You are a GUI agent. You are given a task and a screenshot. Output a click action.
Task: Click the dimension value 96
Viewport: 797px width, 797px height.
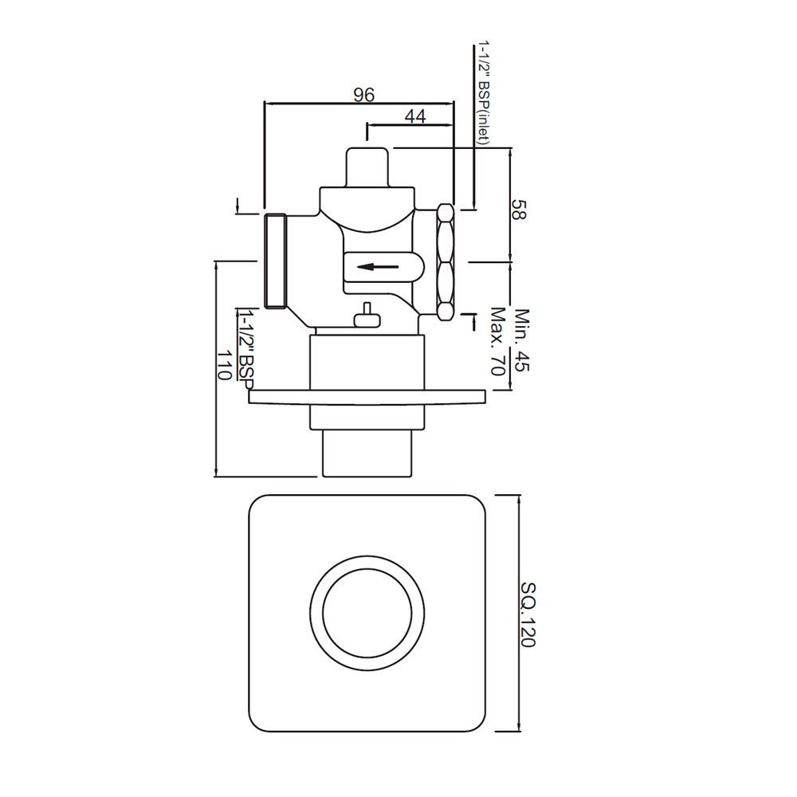[x=363, y=95]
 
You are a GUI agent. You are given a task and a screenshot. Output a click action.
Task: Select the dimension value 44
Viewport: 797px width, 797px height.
[x=414, y=116]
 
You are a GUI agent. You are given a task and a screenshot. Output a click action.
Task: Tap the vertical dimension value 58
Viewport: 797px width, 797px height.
[x=519, y=211]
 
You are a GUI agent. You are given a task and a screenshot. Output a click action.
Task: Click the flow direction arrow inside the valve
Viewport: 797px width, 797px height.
[x=378, y=267]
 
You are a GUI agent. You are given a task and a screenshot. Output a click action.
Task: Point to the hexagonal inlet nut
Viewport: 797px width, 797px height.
[x=445, y=261]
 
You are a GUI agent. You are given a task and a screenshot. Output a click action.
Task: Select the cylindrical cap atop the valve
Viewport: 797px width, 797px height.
[x=367, y=166]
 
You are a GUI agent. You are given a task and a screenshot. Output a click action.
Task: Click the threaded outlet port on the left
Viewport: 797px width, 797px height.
[x=275, y=261]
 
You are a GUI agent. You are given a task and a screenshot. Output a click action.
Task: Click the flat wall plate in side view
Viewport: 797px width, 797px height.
[x=367, y=396]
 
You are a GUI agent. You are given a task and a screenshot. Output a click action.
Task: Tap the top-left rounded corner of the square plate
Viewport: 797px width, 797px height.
[x=259, y=507]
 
